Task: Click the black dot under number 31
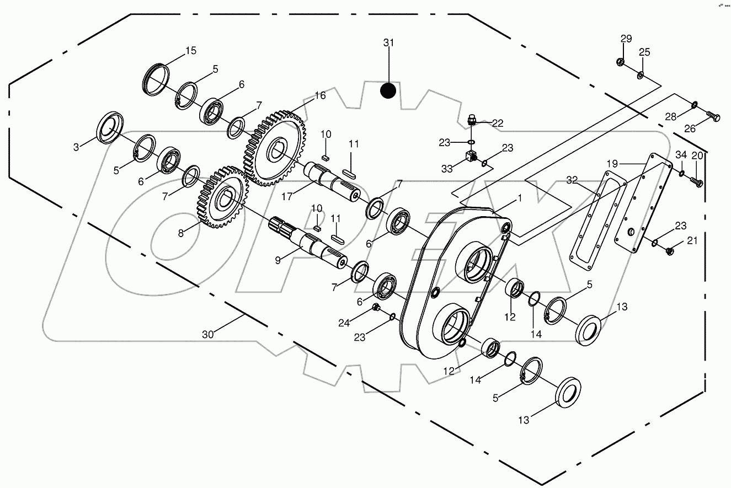click(x=388, y=90)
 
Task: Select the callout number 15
click(x=190, y=51)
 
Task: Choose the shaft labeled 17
click(x=332, y=179)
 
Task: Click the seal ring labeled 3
click(x=111, y=128)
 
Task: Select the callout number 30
click(x=207, y=334)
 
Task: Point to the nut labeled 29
click(x=620, y=63)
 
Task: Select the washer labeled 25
click(x=641, y=74)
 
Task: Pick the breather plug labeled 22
click(x=472, y=119)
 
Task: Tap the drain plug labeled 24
click(x=376, y=307)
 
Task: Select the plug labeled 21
click(x=668, y=251)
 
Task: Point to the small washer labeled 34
click(x=681, y=174)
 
